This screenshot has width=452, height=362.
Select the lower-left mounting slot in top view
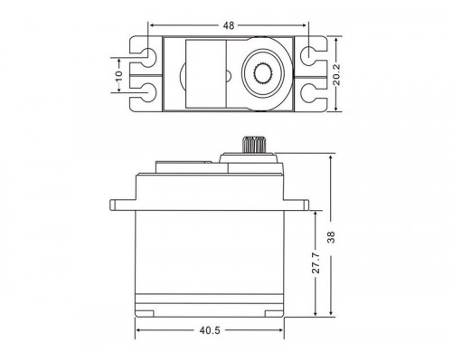144,91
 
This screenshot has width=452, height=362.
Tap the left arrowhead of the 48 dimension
153,25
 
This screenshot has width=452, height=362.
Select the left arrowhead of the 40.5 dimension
140,331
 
